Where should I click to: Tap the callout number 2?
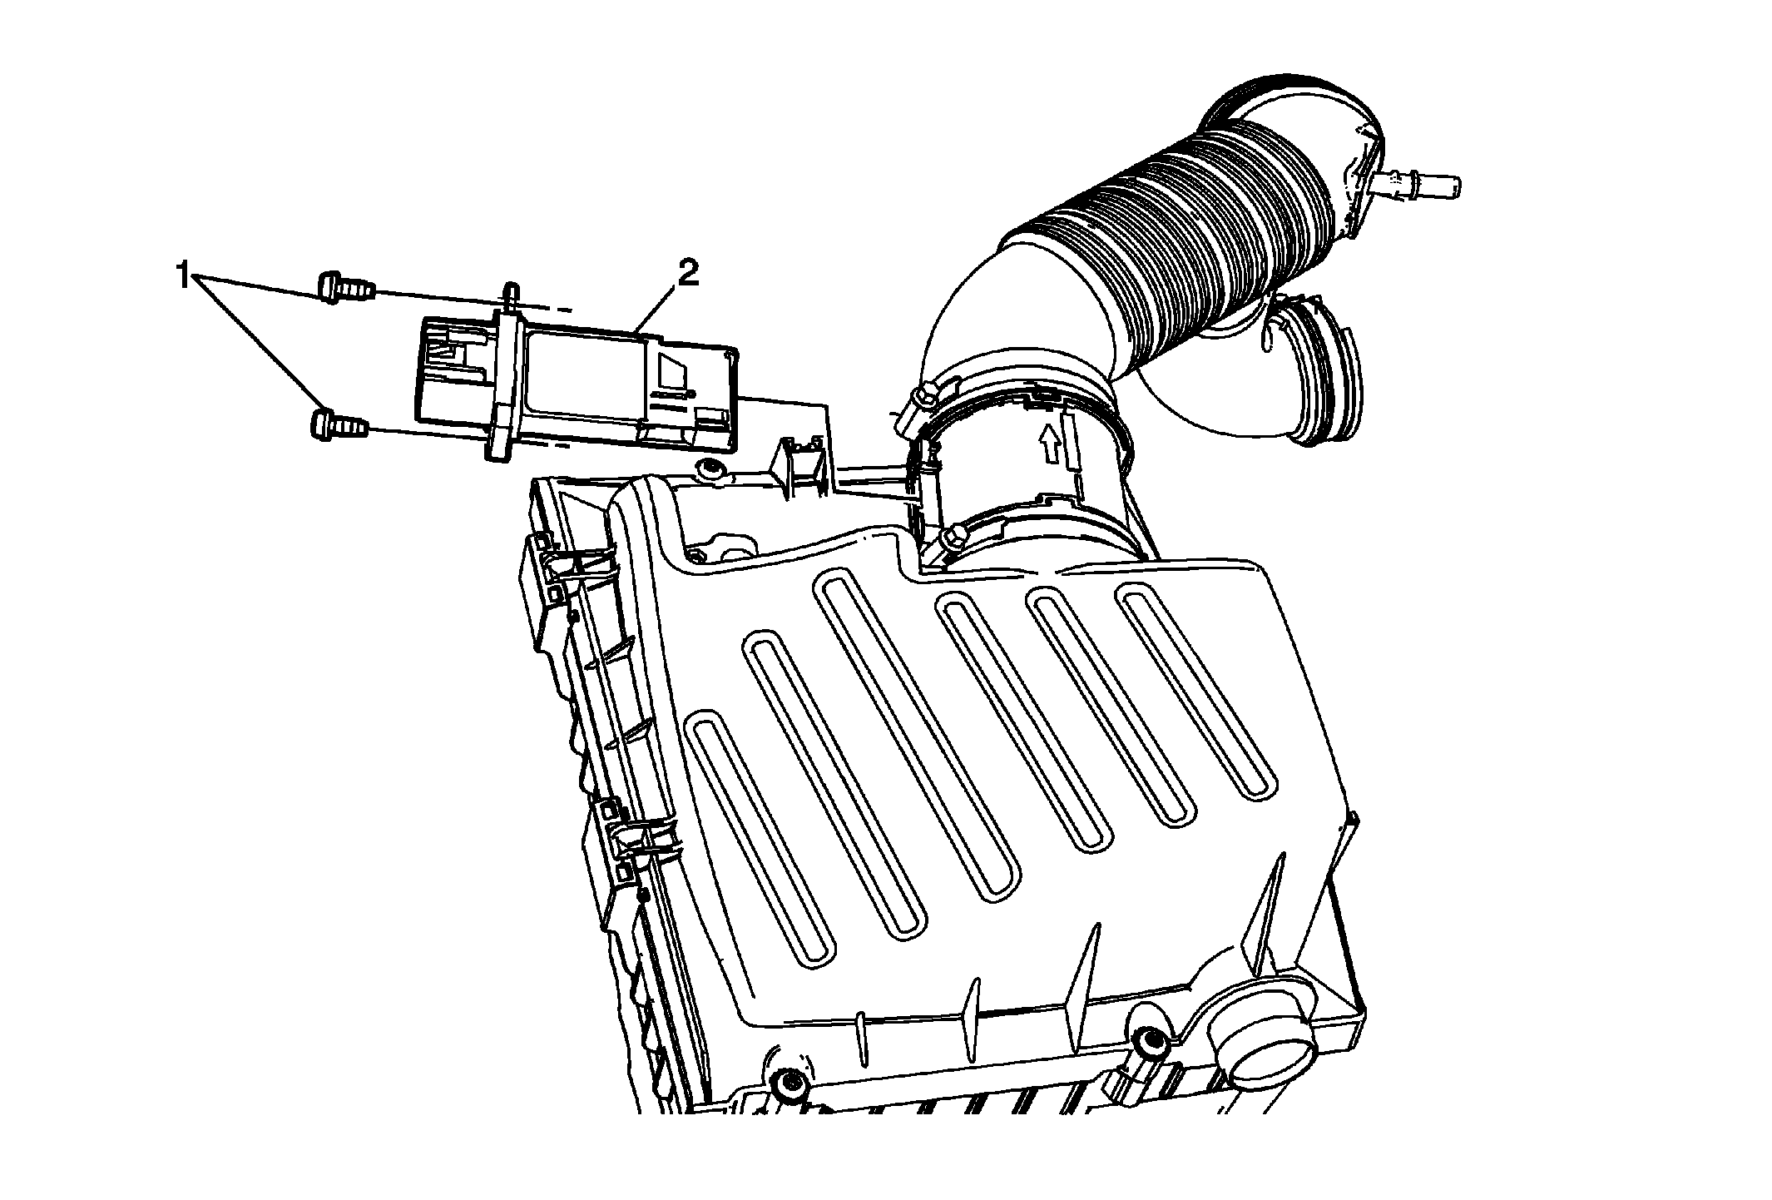coord(688,275)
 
